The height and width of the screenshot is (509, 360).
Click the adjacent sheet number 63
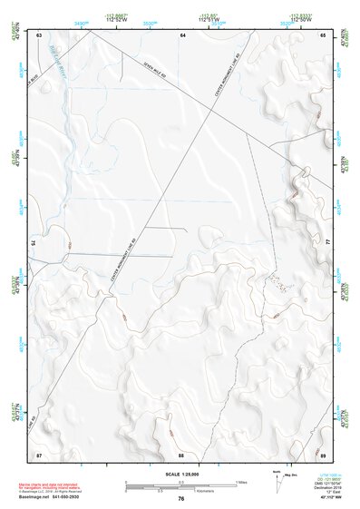pos(40,34)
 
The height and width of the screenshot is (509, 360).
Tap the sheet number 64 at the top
pos(181,34)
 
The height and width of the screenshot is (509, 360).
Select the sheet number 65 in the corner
pos(323,34)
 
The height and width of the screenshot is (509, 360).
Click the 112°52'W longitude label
pos(114,18)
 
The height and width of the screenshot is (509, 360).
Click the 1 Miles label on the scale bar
pos(242,482)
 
